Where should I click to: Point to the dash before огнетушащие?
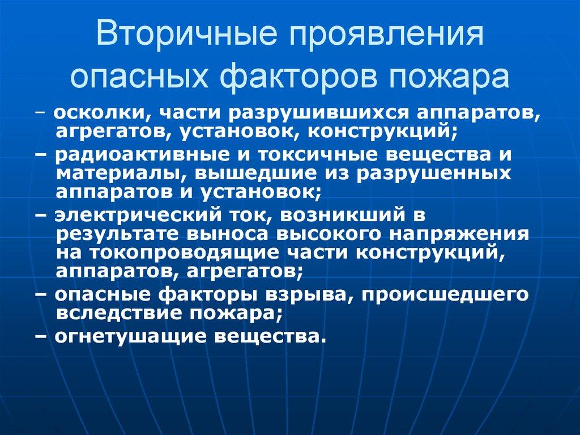45,336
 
